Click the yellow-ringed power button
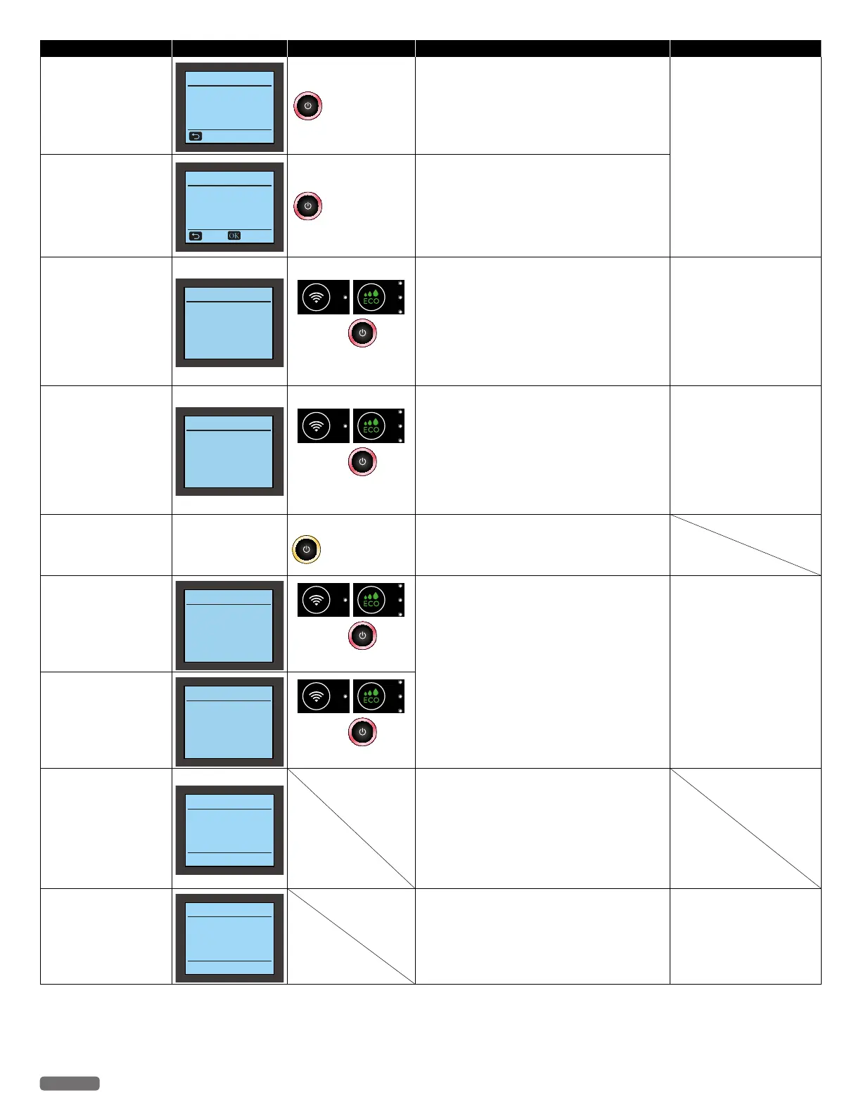click(x=306, y=549)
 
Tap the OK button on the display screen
click(x=234, y=236)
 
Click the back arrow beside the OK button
click(x=196, y=236)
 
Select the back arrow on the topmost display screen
click(x=196, y=136)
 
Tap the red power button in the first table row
click(x=307, y=105)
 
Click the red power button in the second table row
click(x=307, y=206)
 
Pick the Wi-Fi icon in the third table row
click(x=317, y=297)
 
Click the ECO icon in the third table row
click(x=371, y=297)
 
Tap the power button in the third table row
click(x=362, y=333)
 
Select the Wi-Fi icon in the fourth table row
click(x=317, y=425)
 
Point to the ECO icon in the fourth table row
click(x=371, y=425)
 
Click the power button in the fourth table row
click(x=362, y=461)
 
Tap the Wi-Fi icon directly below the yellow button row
click(x=317, y=599)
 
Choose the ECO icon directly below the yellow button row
click(x=371, y=599)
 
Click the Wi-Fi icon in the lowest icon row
click(x=317, y=696)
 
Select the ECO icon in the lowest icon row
click(x=371, y=696)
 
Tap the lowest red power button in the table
click(x=362, y=731)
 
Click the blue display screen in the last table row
click(x=229, y=937)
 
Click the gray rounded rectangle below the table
click(x=70, y=1083)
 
